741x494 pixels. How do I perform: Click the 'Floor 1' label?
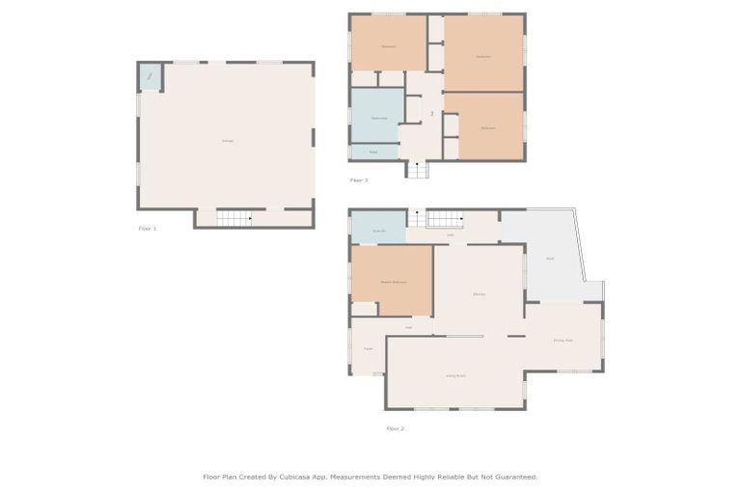[x=147, y=229]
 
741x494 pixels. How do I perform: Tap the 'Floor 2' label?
[x=395, y=428]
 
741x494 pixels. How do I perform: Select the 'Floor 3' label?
[x=358, y=180]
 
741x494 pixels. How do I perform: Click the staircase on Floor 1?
[x=233, y=219]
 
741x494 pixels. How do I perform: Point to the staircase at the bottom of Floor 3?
[x=416, y=170]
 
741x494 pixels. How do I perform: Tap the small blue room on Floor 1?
[x=150, y=76]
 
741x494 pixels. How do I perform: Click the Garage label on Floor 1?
[x=227, y=141]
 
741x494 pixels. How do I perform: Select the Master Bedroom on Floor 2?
[x=392, y=281]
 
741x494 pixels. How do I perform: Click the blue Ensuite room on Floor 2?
[x=378, y=229]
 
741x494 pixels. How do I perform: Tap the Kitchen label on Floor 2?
[x=479, y=293]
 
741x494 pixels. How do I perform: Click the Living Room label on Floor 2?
[x=455, y=375]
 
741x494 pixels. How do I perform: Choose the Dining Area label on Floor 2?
[x=563, y=341]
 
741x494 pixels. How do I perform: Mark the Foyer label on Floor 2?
[x=368, y=348]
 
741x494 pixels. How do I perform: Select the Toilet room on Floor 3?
[x=373, y=151]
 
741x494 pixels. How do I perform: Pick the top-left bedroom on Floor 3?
[x=388, y=43]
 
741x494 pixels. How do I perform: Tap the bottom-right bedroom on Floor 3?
[x=487, y=126]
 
